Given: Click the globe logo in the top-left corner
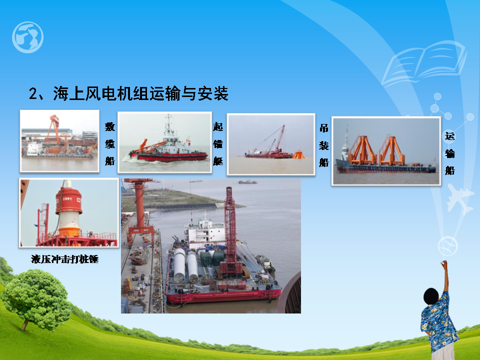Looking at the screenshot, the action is click(x=27, y=37).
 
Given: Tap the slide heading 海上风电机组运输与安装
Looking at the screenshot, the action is click(x=141, y=93).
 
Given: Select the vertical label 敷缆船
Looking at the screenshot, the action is click(x=110, y=143).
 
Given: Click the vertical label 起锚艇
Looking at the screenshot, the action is click(x=218, y=143).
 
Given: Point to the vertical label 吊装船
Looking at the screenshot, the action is click(x=324, y=145).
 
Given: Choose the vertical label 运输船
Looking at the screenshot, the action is click(x=449, y=153).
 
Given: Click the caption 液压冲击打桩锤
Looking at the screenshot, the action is click(x=64, y=259).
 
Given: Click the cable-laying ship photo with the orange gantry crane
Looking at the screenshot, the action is click(x=59, y=141).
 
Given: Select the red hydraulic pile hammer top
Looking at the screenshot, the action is click(x=69, y=201).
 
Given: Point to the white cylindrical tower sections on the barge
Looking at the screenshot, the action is click(x=185, y=265).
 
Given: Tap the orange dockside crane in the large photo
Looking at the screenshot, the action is click(x=139, y=211).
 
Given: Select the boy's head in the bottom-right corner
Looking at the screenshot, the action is click(x=431, y=296).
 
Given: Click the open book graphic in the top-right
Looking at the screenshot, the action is click(x=424, y=63).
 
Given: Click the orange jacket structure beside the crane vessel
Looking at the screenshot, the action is click(x=298, y=153).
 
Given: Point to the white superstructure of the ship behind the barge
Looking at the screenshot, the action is click(x=203, y=231).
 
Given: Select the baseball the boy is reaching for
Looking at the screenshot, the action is click(x=447, y=246).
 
